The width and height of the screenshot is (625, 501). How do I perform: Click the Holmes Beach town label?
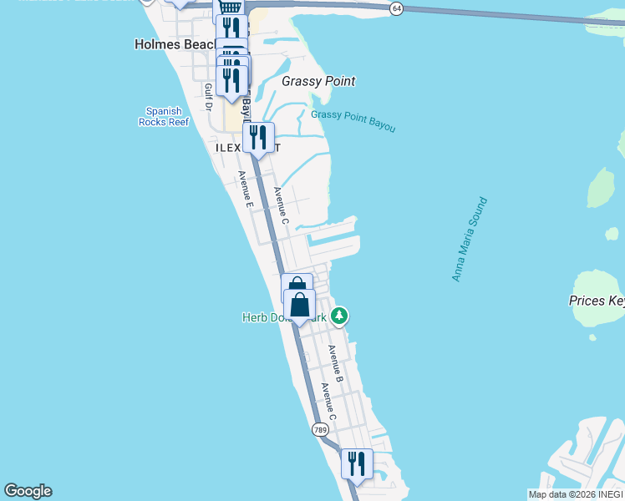pyautogui.click(x=174, y=44)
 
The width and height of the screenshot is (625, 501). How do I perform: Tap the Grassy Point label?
pyautogui.click(x=318, y=81)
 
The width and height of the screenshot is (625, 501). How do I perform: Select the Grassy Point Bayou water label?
pyautogui.click(x=353, y=121)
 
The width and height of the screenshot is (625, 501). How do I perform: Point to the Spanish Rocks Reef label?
pyautogui.click(x=164, y=116)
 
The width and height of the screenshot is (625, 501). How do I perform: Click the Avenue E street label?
pyautogui.click(x=245, y=189)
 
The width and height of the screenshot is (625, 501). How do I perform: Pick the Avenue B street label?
pyautogui.click(x=336, y=364)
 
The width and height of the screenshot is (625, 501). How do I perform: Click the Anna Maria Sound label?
pyautogui.click(x=469, y=240)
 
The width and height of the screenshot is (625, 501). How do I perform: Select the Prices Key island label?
pyautogui.click(x=597, y=301)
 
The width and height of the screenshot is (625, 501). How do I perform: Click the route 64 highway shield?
pyautogui.click(x=396, y=8)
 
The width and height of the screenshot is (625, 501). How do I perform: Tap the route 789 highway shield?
pyautogui.click(x=320, y=429)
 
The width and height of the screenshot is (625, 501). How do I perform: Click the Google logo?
pyautogui.click(x=28, y=491)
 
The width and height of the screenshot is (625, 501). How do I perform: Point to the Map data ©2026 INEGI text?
pyautogui.click(x=575, y=494)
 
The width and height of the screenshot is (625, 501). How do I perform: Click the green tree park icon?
pyautogui.click(x=339, y=316)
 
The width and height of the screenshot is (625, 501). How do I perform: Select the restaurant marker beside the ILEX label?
pyautogui.click(x=258, y=138)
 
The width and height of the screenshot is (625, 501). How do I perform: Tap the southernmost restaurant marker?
pyautogui.click(x=357, y=464)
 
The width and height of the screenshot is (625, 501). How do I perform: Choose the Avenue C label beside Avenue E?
pyautogui.click(x=282, y=205)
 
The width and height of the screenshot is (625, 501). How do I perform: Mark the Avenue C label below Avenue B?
pyautogui.click(x=328, y=402)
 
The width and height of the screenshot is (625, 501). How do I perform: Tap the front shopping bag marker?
pyautogui.click(x=300, y=306)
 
